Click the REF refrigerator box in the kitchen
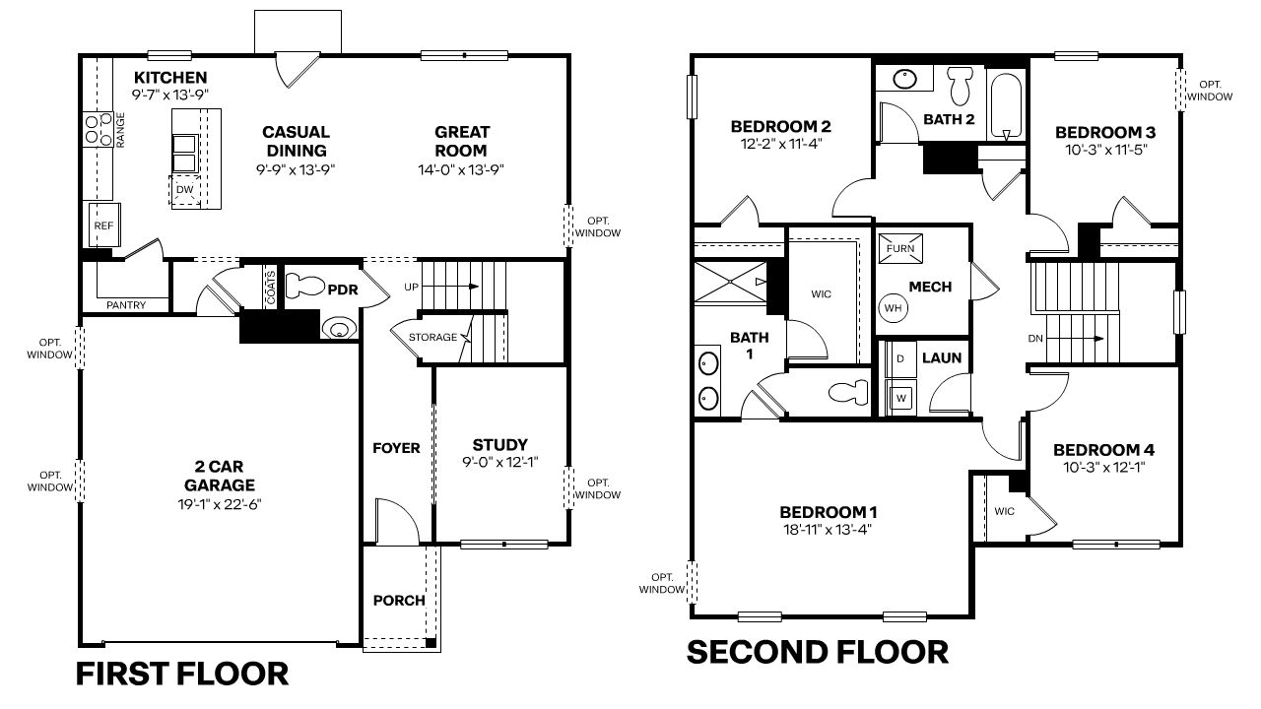coord(103,226)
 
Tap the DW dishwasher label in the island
coord(184,190)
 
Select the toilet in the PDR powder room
coord(305,287)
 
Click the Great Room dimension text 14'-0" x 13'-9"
coord(461,169)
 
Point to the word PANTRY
coord(126,305)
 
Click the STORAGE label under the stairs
coord(433,337)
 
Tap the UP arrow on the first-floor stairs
coord(453,287)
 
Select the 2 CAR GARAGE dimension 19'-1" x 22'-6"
coord(219,504)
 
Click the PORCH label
coord(399,601)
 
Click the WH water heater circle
coord(894,307)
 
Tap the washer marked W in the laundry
coord(899,398)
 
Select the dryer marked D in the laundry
coord(899,358)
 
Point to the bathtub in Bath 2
coord(1006,104)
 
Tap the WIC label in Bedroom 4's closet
coord(1004,512)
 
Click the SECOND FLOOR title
coord(817,652)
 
